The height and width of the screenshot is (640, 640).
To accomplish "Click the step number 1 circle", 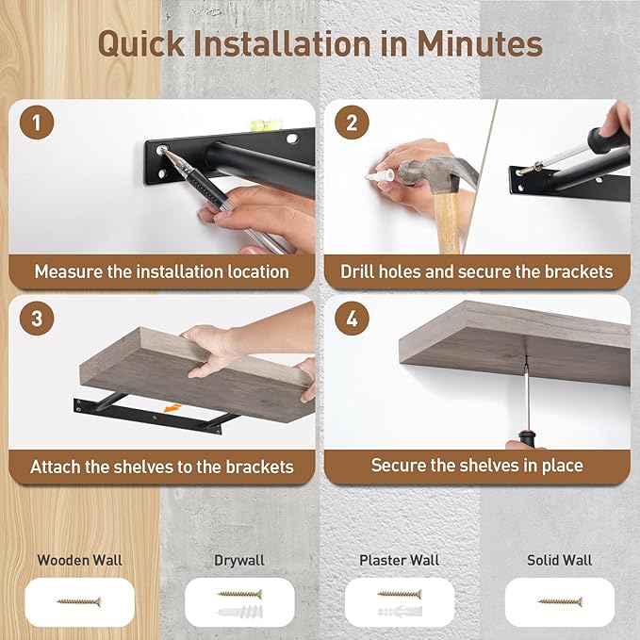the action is (x=37, y=123).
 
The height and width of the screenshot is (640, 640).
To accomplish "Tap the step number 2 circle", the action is (x=352, y=123).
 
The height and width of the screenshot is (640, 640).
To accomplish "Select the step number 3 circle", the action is (x=37, y=319).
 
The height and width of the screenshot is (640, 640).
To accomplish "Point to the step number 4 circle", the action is (x=352, y=319).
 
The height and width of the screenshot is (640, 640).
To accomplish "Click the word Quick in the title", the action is (x=141, y=43).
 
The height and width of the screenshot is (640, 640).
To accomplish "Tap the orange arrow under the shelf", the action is (x=172, y=408).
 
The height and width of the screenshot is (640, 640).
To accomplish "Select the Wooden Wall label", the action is (x=79, y=560).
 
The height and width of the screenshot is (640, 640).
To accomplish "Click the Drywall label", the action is (x=239, y=561).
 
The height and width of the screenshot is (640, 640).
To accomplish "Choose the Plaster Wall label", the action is (x=400, y=560).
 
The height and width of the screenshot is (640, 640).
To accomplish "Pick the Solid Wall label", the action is (x=559, y=560).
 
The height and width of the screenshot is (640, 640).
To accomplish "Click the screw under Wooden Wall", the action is (x=79, y=601).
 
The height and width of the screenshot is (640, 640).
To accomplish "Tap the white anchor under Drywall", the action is (x=239, y=612).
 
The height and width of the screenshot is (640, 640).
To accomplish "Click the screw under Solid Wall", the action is (x=560, y=601).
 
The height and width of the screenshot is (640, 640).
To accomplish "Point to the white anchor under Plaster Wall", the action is (x=400, y=612).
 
